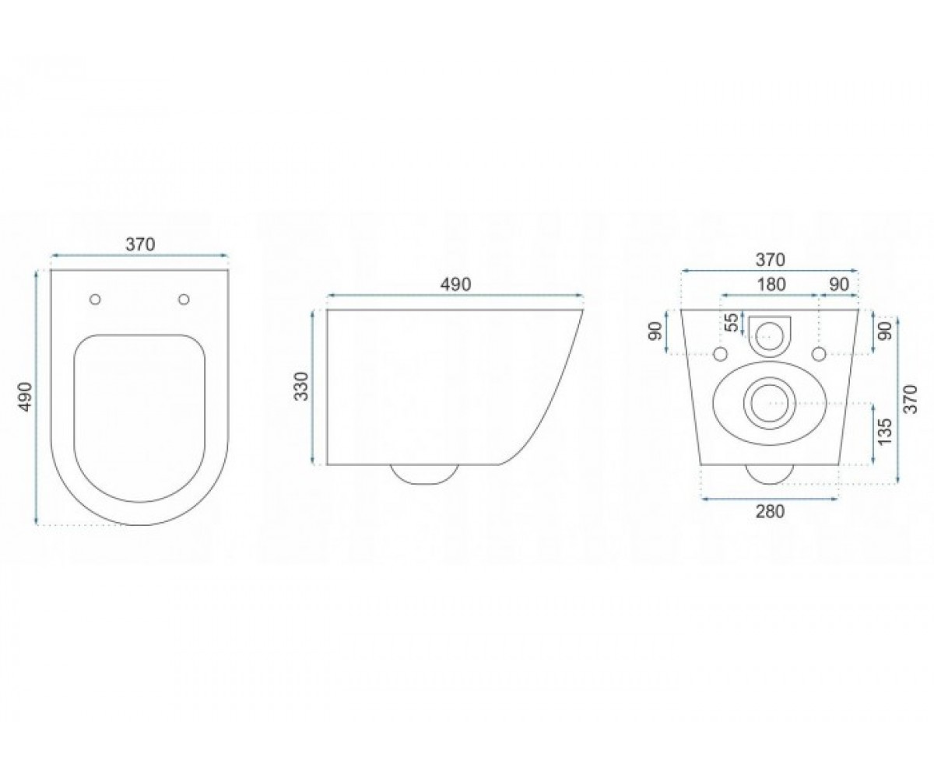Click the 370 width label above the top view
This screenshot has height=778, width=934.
pos(140,244)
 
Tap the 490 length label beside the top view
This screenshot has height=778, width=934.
pos(26,397)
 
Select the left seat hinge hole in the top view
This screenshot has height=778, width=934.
pos(95,299)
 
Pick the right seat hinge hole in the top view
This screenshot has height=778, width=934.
pos(184,299)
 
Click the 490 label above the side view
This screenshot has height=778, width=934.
pos(456,285)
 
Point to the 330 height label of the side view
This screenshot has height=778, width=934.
pos(303,387)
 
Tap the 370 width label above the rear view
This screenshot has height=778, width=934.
pos(771,260)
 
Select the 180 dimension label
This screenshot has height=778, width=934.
pos(771,285)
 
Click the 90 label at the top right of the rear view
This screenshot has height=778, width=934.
pos(839,285)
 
